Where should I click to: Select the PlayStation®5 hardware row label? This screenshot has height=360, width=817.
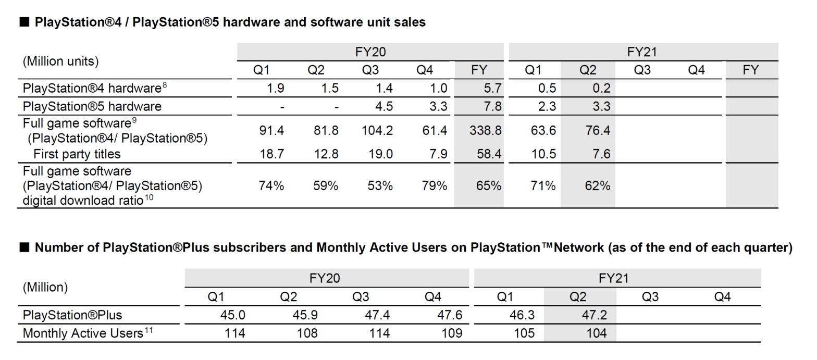pyautogui.click(x=92, y=106)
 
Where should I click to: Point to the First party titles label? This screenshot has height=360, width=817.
pyautogui.click(x=77, y=154)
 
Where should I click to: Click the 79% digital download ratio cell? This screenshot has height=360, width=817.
pyautogui.click(x=434, y=185)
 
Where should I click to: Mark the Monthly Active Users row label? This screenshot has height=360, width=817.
pyautogui.click(x=83, y=333)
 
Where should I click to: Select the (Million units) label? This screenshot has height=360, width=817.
pyautogui.click(x=60, y=61)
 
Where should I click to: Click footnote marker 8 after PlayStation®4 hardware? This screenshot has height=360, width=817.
pyautogui.click(x=165, y=85)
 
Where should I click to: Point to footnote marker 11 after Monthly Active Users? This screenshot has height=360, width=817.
pyautogui.click(x=149, y=329)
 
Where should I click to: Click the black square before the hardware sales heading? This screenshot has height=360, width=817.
pyautogui.click(x=24, y=22)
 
